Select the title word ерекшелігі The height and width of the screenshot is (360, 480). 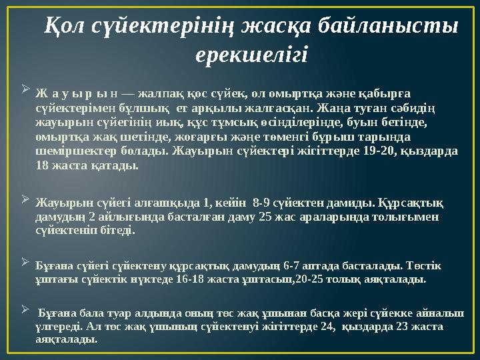coord(251,55)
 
